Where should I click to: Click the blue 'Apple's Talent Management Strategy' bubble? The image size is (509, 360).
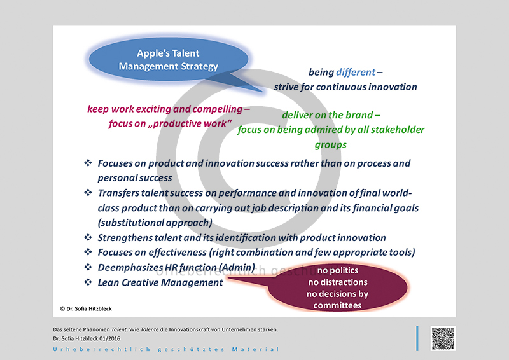pyautogui.click(x=169, y=59)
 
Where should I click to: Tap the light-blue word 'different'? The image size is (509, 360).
pyautogui.click(x=356, y=72)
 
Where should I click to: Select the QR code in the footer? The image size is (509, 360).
pyautogui.click(x=443, y=338)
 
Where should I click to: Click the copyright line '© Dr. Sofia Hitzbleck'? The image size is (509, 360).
pyautogui.click(x=86, y=308)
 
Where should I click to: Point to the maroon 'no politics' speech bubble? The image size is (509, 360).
pyautogui.click(x=338, y=287)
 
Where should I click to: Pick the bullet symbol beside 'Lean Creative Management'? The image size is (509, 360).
pyautogui.click(x=88, y=282)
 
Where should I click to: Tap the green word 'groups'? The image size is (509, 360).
pyautogui.click(x=330, y=145)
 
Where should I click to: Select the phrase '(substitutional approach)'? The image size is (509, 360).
pyautogui.click(x=155, y=223)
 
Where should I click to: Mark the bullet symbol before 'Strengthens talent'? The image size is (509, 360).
pyautogui.click(x=88, y=237)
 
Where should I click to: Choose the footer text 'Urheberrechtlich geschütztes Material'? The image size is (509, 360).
pyautogui.click(x=166, y=350)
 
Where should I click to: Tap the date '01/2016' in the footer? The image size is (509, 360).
pyautogui.click(x=109, y=338)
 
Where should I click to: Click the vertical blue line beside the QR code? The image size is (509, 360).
pyautogui.click(x=417, y=338)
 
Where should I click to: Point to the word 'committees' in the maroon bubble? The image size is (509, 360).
pyautogui.click(x=338, y=305)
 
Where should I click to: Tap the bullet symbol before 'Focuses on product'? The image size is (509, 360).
pyautogui.click(x=88, y=163)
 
